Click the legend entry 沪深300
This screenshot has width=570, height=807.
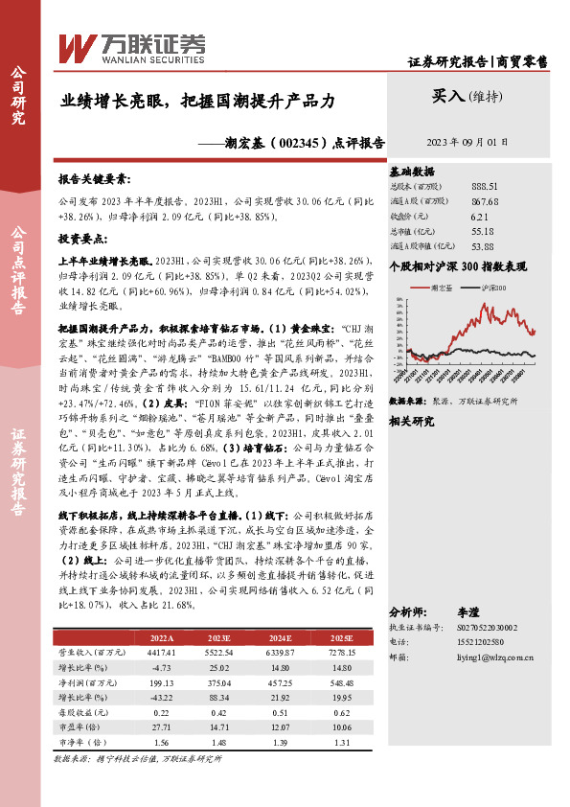pyautogui.click(x=494, y=287)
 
